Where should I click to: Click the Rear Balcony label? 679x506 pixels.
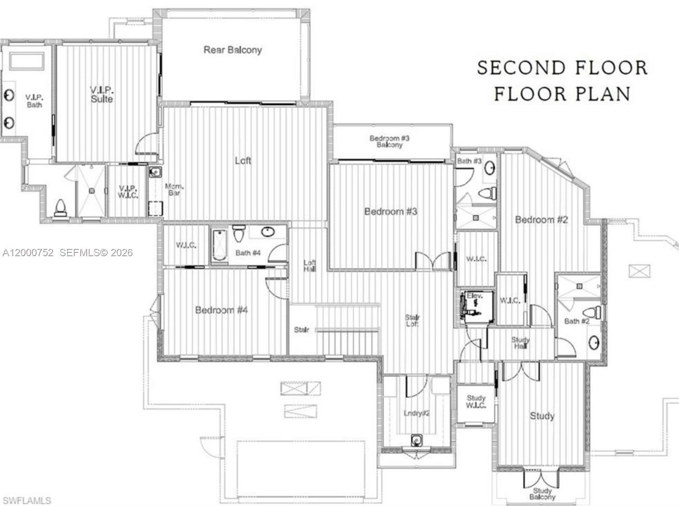(233, 50)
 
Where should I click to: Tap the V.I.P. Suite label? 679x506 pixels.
(102, 95)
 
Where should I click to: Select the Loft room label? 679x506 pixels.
(243, 160)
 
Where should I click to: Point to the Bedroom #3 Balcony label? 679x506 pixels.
(390, 141)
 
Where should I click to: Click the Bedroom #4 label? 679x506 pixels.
(221, 310)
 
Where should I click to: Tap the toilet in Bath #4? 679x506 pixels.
(238, 233)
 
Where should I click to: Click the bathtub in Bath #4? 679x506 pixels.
(220, 245)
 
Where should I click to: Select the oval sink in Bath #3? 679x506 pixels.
(490, 168)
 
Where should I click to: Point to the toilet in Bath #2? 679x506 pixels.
(594, 313)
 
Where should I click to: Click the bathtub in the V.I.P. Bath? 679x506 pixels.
(27, 61)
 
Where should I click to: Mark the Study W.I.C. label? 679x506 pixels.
(476, 402)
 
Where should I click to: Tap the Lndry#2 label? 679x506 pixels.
(417, 413)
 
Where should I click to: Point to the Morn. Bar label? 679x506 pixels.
(174, 190)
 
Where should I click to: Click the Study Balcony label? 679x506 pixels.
(542, 494)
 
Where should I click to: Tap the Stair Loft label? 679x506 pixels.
(412, 321)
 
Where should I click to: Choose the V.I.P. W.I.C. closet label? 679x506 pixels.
(128, 192)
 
